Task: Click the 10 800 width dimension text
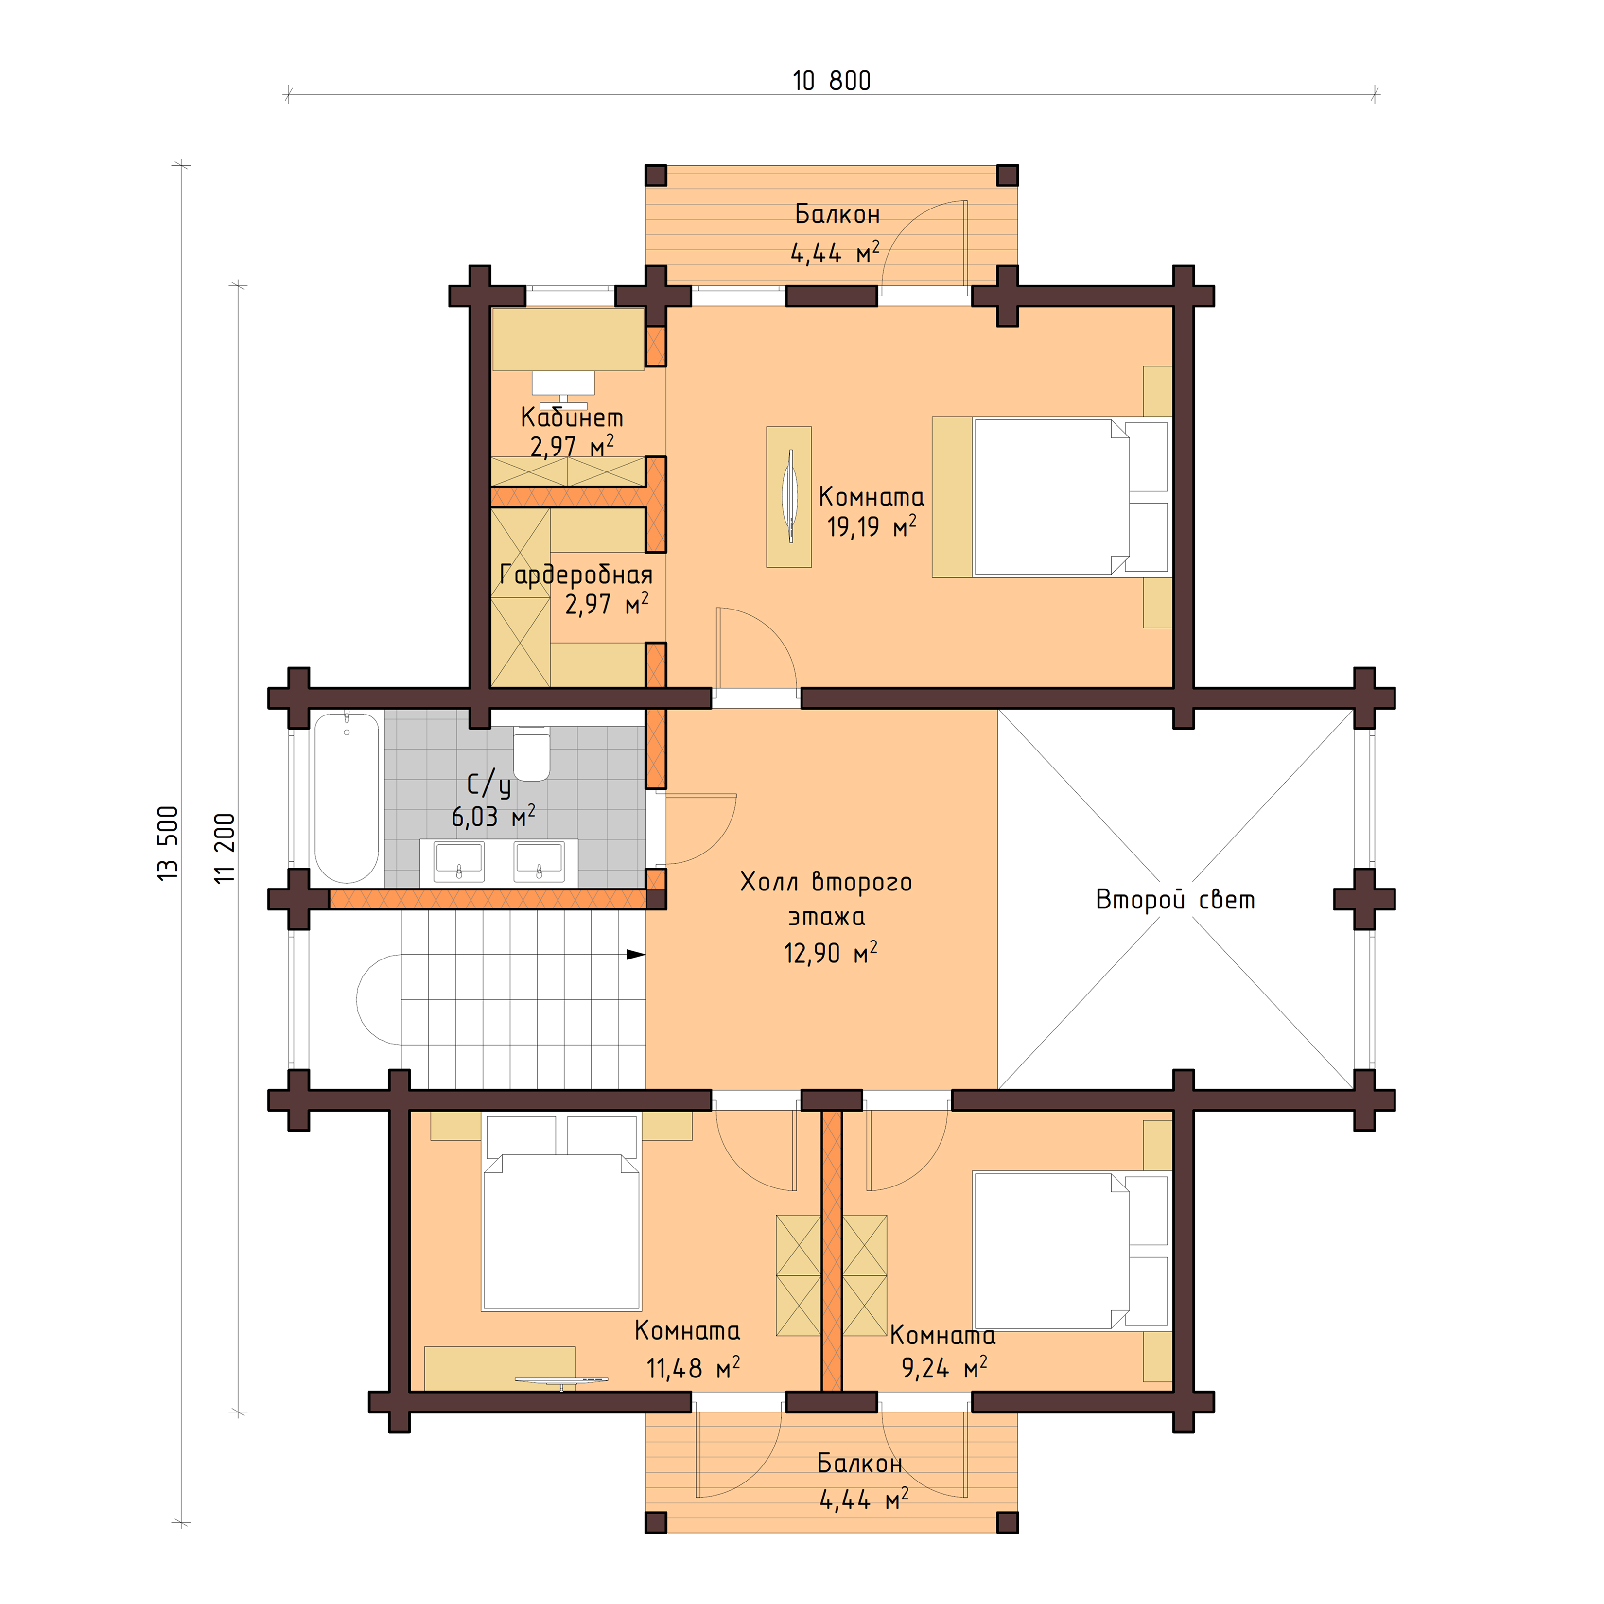tap(831, 81)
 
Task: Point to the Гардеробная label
tap(576, 575)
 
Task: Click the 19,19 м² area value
tap(871, 526)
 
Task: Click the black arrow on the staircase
tap(635, 955)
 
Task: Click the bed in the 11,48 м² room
tap(562, 1220)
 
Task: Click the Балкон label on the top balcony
tap(837, 214)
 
